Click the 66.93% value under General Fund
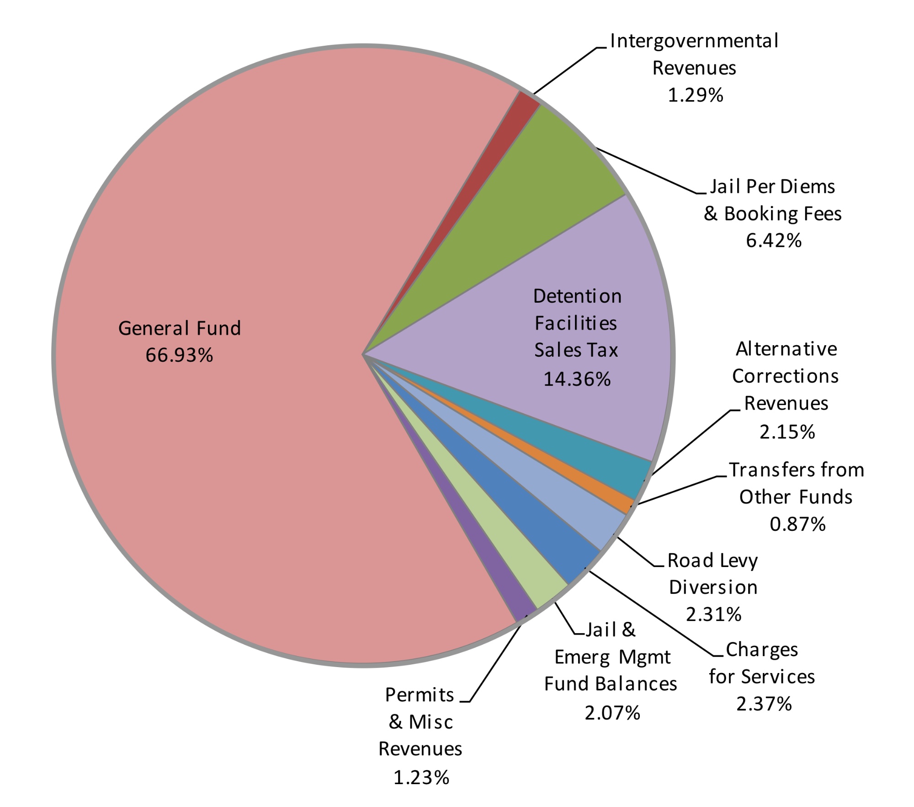point(179,355)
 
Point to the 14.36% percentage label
point(577,379)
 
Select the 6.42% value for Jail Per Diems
point(773,240)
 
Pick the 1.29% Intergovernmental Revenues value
point(695,95)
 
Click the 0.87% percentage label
point(797,524)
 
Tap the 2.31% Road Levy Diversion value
point(713,614)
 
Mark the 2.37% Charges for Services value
point(764,704)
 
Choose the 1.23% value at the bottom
point(421,777)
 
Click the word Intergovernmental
point(694,41)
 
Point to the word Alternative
point(786,349)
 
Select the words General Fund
point(179,328)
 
